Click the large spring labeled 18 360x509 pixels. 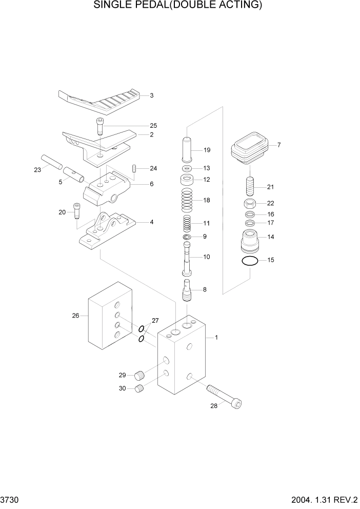(188, 200)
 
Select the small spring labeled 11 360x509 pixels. (188, 224)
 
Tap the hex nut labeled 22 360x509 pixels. (250, 203)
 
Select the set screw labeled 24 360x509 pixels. (135, 168)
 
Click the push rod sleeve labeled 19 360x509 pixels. (187, 150)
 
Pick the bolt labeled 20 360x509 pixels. (77, 210)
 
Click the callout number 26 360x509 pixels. (75, 316)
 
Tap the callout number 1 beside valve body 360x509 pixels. (217, 337)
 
